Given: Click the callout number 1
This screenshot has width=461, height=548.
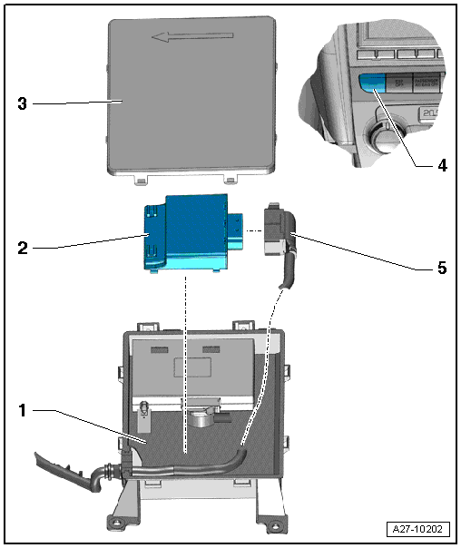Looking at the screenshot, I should pos(23,411).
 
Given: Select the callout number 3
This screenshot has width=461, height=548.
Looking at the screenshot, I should pos(23,103).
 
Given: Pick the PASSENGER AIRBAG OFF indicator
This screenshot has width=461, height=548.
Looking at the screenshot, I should pos(428,80).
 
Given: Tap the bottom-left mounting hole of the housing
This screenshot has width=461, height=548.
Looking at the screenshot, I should pos(117,523).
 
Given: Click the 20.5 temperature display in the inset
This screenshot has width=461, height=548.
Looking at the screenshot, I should pos(432,113).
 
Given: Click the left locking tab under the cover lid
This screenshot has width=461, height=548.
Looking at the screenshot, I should pos(141,179).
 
